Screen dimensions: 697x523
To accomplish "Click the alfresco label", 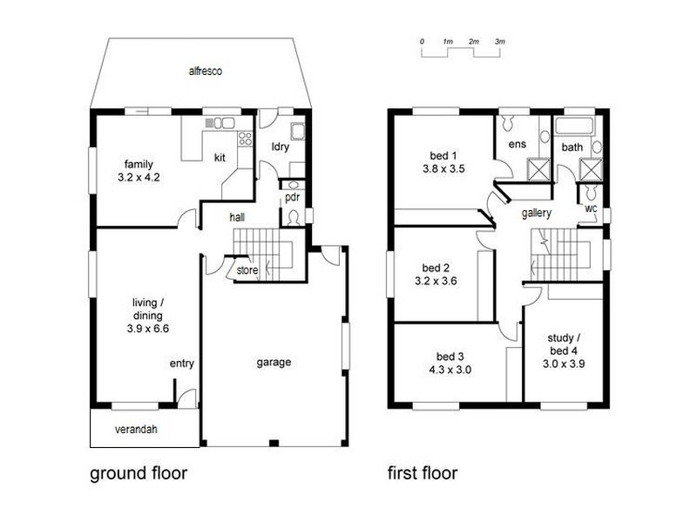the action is tap(206, 71).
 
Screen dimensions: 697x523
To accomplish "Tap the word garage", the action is tap(274, 363).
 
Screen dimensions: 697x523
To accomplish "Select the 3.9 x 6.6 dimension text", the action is tap(148, 329).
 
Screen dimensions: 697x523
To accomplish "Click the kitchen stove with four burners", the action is tap(245, 139).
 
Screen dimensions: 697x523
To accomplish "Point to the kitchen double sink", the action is tap(220, 123).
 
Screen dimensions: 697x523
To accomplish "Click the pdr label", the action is tap(293, 197).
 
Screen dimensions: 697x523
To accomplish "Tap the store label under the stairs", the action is tap(247, 270).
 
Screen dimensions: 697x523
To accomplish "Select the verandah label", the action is tap(136, 430).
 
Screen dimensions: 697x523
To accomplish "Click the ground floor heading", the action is tap(139, 473).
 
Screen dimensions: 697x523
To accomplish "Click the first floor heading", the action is tap(423, 472).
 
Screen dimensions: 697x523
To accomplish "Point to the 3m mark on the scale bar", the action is tap(500, 41).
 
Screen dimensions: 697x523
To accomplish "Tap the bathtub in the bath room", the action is tap(574, 126).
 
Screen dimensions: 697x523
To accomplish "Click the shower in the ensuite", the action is tap(538, 169).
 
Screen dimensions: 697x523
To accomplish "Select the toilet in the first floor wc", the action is tap(591, 192).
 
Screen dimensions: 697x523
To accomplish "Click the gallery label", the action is tap(537, 214).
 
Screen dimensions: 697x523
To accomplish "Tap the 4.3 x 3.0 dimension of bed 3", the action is tap(450, 370).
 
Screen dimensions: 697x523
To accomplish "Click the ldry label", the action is tap(280, 146).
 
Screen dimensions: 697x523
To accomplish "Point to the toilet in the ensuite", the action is tap(508, 123).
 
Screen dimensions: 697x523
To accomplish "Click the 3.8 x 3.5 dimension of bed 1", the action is tap(443, 168).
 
